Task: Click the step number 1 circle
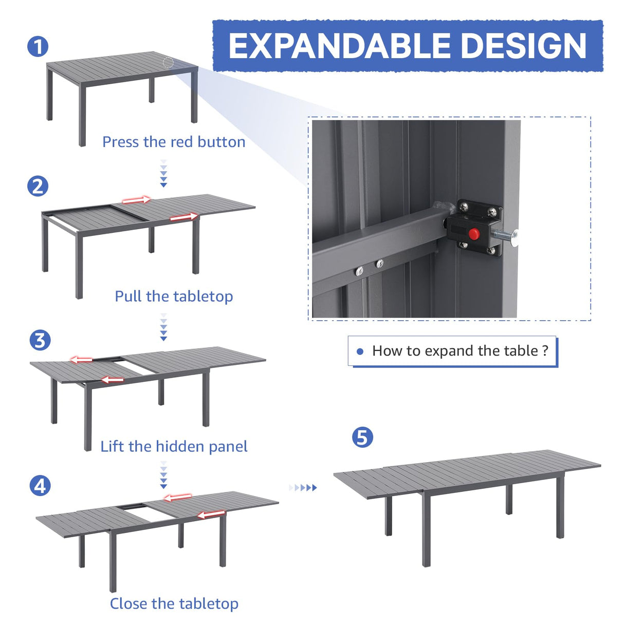[x=38, y=47]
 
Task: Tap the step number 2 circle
[x=38, y=186]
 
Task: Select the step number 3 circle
[x=40, y=340]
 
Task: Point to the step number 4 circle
[x=40, y=486]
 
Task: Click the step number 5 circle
[x=362, y=437]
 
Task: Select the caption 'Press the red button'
[x=174, y=142]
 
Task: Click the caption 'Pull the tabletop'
[x=174, y=297]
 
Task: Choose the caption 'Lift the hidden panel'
[x=174, y=446]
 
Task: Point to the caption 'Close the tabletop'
[x=174, y=603]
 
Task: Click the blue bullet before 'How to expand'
[x=360, y=352]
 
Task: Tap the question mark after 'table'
[x=545, y=351]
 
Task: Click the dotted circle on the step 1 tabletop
[x=168, y=63]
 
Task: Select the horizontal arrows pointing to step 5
[x=303, y=487]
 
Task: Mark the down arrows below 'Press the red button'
[x=163, y=173]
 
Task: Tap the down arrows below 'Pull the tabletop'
[x=163, y=327]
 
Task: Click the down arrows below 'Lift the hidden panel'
[x=163, y=475]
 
